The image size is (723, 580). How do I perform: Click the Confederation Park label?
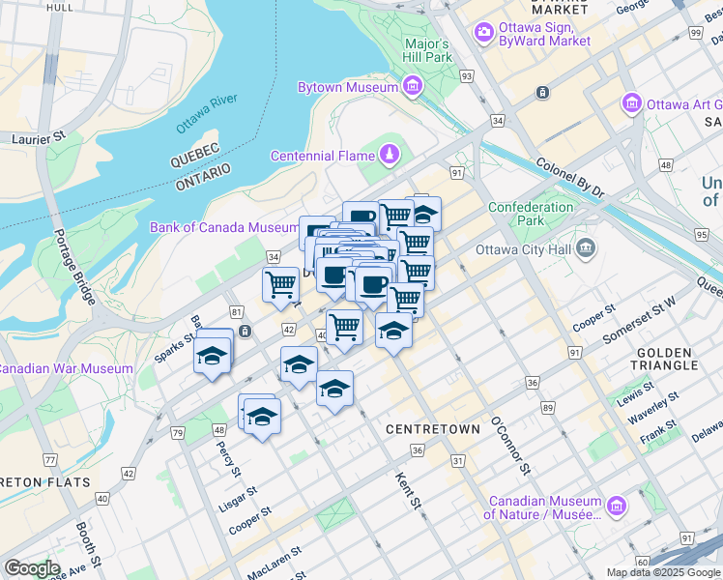click(531, 214)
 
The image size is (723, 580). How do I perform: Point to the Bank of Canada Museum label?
click(224, 228)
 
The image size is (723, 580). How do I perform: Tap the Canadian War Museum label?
click(66, 368)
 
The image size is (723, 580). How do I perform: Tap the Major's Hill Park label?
click(427, 50)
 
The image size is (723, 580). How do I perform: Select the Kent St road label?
click(409, 490)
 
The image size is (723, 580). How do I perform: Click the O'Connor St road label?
click(510, 446)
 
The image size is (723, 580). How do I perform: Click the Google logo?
click(32, 568)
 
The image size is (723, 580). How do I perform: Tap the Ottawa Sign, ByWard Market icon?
click(483, 34)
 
